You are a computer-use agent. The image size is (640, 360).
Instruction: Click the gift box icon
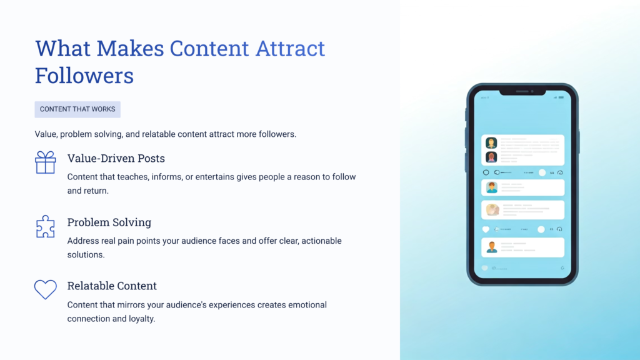point(45,162)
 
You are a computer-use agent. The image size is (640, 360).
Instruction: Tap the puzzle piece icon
point(45,226)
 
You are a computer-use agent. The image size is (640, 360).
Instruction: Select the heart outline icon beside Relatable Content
point(45,289)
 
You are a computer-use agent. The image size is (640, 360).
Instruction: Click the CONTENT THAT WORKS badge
point(77,109)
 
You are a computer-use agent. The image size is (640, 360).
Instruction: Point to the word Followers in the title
point(84,76)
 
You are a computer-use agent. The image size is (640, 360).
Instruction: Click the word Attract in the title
point(290,48)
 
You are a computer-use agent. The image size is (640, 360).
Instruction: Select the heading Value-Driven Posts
point(116,158)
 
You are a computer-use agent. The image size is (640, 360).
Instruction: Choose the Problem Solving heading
point(109,222)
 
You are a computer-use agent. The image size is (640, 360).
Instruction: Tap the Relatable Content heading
point(112,286)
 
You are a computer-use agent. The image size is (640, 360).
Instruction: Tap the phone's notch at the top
point(522,91)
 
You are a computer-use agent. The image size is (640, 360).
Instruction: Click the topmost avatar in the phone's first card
point(491,143)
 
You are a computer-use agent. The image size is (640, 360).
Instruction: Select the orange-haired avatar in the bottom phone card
point(492,247)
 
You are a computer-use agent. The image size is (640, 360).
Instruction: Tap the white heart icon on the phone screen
point(486,229)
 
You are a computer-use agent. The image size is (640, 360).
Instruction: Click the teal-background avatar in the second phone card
point(492,187)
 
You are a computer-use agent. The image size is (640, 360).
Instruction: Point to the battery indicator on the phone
point(561,97)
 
